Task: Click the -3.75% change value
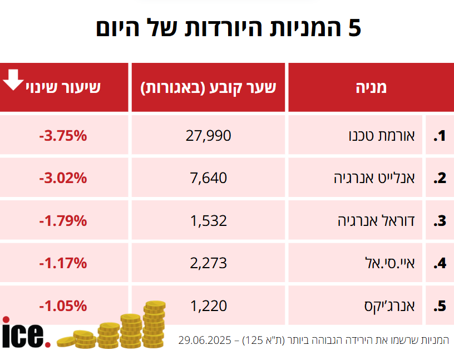pos(63,136)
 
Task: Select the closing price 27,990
pos(208,136)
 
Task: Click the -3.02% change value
pos(63,178)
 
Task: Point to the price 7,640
pos(208,178)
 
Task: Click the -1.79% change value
pos(63,220)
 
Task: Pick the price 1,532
pos(208,220)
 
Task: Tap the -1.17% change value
pos(63,263)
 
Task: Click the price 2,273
pos(208,263)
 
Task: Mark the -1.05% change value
pos(63,305)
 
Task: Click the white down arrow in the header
pos(13,80)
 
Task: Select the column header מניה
pos(371,87)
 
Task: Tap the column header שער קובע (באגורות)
pos(208,87)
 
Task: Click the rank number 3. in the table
pos(440,221)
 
